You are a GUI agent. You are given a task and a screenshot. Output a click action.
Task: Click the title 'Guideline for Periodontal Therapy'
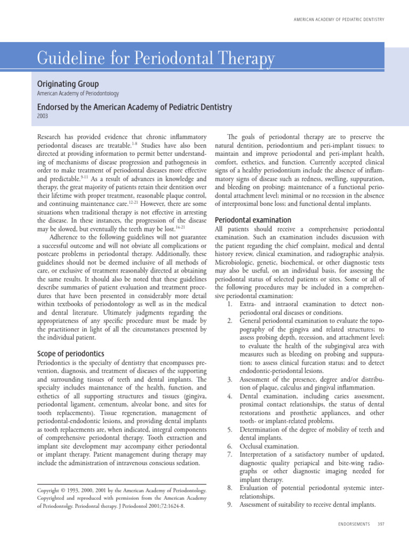point(156,59)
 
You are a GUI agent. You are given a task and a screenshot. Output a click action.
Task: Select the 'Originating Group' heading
point(67,84)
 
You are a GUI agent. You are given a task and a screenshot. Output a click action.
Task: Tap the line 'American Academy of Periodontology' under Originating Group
point(78,94)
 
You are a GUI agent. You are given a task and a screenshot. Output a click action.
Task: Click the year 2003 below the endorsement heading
point(43,115)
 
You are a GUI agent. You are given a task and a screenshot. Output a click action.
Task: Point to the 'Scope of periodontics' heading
point(70,354)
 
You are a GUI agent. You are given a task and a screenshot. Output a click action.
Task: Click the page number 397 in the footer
point(380,525)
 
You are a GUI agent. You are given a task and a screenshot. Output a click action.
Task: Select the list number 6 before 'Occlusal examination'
point(229,446)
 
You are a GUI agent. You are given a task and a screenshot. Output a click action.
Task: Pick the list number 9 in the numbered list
point(229,505)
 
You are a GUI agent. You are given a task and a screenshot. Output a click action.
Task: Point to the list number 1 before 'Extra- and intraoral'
point(229,303)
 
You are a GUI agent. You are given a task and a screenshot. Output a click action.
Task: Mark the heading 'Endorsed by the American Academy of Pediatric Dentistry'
point(134,107)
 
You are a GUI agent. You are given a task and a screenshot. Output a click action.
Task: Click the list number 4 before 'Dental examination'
point(229,396)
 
